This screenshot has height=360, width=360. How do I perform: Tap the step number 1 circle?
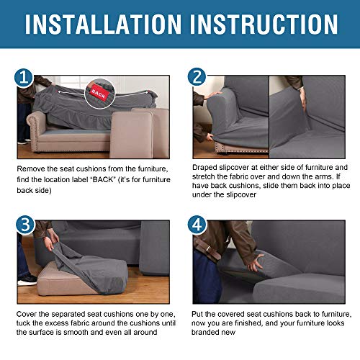[23, 76]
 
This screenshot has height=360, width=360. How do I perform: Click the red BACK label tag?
[97, 93]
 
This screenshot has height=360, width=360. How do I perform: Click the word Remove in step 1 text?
[31, 168]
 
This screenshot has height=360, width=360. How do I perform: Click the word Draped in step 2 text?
[207, 168]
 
